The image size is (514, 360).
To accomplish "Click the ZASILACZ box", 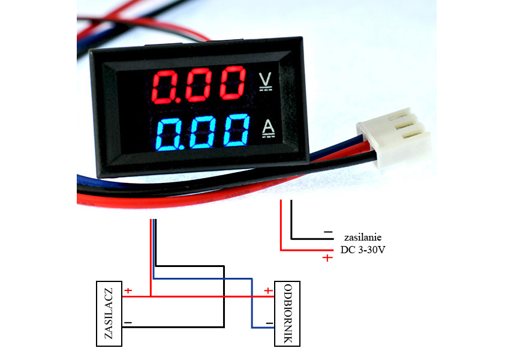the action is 109,314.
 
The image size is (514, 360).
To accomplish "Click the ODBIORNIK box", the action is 287,314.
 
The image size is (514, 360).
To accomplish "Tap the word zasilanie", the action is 362,237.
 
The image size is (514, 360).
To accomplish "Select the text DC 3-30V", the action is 362,250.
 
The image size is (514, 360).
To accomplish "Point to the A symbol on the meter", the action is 269,128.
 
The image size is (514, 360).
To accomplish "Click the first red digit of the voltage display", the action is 164,87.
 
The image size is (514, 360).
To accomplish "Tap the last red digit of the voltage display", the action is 233,83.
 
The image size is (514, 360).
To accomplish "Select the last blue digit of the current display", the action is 236,130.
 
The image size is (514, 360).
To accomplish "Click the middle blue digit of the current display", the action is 203,132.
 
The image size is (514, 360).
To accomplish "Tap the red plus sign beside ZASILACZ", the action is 128,290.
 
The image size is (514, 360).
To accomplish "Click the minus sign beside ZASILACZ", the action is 128,323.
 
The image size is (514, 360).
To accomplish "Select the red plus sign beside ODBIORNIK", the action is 268,290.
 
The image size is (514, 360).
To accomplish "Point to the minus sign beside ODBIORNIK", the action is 269,323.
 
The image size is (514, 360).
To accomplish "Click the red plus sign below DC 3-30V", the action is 327,258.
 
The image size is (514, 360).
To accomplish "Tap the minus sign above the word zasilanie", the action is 328,232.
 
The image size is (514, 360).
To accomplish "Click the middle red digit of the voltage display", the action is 199,85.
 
